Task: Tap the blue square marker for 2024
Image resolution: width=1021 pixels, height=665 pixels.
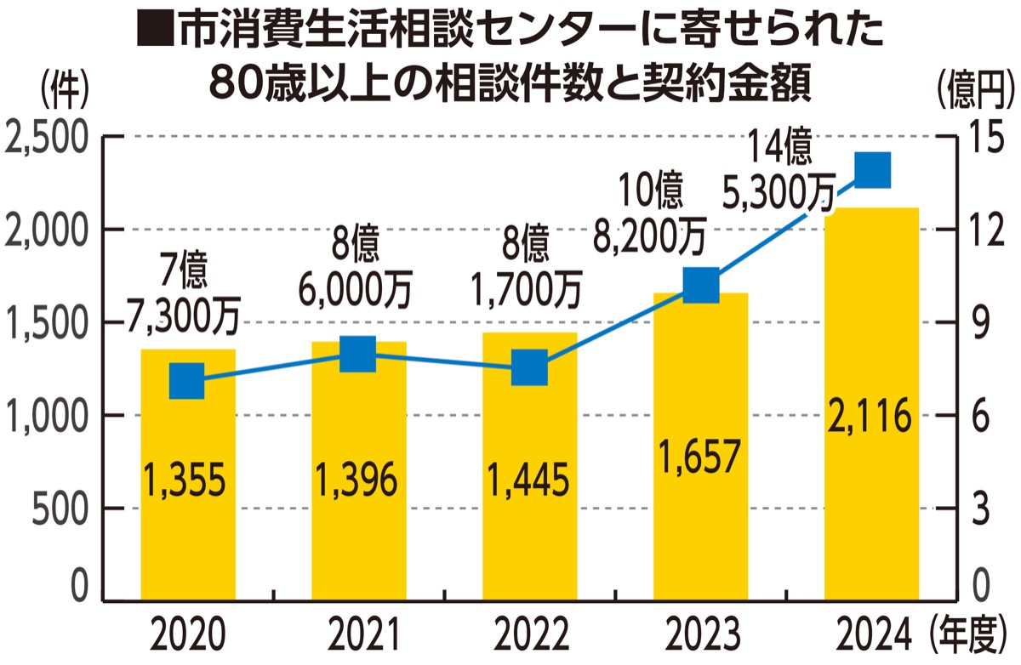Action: pos(872,170)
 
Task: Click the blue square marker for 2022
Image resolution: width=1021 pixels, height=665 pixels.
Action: pos(529,369)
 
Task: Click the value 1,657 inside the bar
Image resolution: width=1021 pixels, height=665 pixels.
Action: pos(700,457)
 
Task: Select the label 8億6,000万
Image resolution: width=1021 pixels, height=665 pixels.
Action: pos(356,270)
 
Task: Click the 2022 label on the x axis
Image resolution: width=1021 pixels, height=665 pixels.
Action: pos(529,634)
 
